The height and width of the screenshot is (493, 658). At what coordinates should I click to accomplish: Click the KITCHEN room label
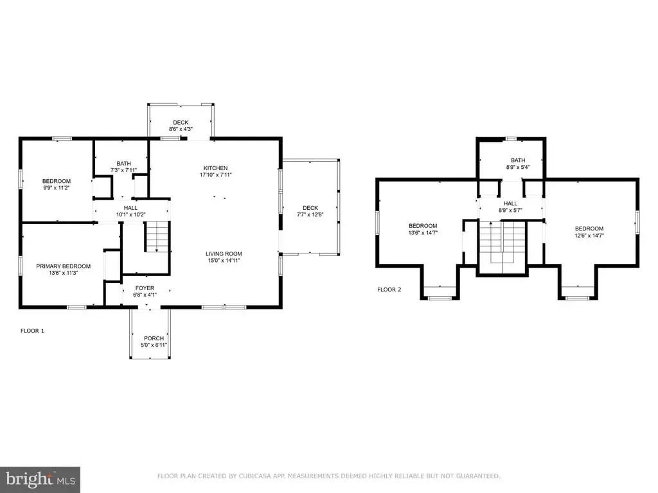pos(216,168)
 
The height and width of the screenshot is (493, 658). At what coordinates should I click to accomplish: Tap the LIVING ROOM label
pos(224,254)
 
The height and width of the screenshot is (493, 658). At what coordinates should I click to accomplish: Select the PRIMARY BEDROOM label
pos(64,266)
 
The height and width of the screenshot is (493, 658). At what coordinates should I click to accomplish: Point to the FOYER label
pos(145,288)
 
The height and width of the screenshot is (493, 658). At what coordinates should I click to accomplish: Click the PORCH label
pos(154,338)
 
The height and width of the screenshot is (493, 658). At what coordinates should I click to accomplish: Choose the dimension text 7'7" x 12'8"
pos(310,214)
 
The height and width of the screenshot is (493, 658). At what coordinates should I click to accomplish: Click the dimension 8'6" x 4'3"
pos(181,129)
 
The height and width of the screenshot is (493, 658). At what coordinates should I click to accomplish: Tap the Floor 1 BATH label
pos(124,164)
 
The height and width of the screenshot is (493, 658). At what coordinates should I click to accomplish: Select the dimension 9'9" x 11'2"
pos(57,188)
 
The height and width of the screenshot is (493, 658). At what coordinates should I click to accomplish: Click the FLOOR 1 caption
pos(32,331)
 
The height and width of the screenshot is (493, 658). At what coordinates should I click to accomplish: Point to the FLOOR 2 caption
pos(389,290)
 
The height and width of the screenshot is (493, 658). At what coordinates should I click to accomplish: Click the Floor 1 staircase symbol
pos(157,237)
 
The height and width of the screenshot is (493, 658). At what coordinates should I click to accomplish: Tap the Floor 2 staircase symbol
pos(502,242)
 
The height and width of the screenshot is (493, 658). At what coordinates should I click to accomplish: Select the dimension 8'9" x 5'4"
pos(519,167)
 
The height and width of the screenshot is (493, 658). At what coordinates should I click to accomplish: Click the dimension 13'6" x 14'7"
pos(423,232)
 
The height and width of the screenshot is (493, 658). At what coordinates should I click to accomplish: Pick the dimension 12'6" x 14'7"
pos(589,236)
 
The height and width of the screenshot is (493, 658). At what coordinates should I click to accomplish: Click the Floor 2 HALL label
pos(510,203)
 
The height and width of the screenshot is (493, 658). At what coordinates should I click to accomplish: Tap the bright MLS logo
pos(40,480)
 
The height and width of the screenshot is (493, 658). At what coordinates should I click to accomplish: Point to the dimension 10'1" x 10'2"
pos(131,214)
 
